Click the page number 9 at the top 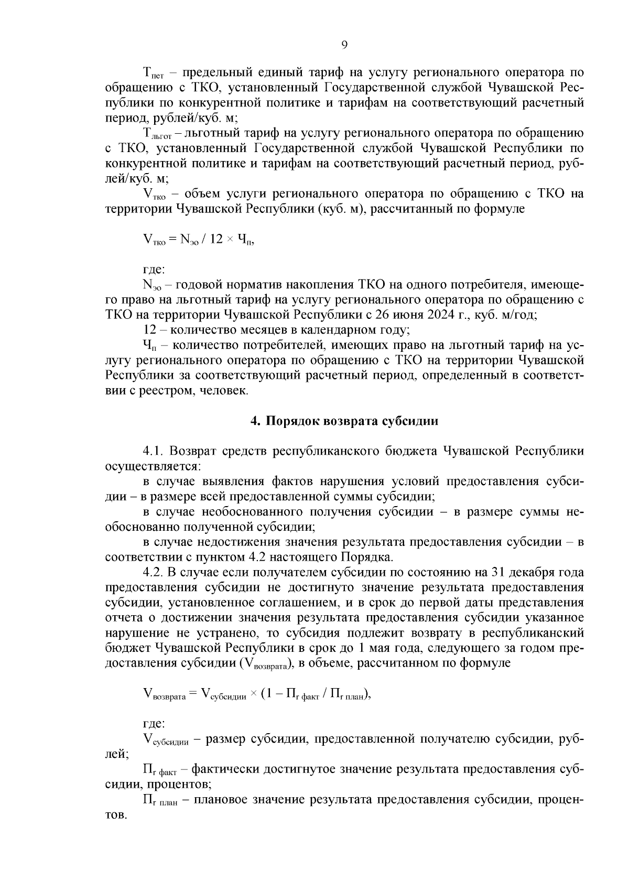[344, 45]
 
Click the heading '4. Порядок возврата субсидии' [344, 421]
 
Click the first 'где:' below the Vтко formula [154, 270]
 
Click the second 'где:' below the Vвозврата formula [154, 724]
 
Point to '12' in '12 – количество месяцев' [149, 330]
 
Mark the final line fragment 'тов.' [116, 816]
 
